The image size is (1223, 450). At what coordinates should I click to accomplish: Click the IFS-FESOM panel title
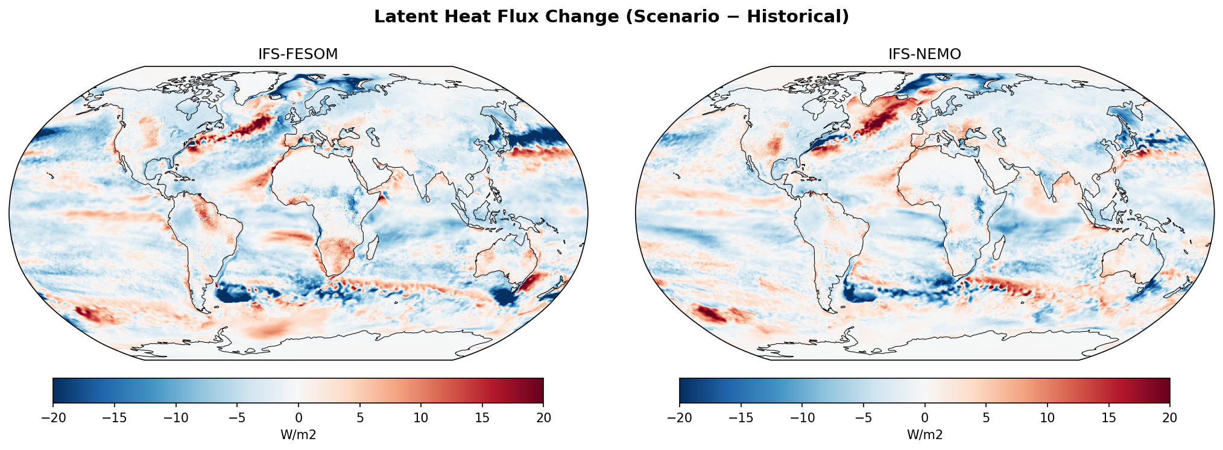pyautogui.click(x=298, y=54)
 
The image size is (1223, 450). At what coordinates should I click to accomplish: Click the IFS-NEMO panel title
pyautogui.click(x=924, y=54)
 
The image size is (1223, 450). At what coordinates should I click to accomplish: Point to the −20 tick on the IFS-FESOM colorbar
pyautogui.click(x=53, y=417)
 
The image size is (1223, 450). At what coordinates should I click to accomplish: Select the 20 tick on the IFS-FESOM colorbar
pyautogui.click(x=543, y=417)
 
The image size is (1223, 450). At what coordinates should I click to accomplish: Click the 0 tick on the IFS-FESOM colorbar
pyautogui.click(x=299, y=417)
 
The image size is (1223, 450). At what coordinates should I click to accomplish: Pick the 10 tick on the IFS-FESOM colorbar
pyautogui.click(x=421, y=417)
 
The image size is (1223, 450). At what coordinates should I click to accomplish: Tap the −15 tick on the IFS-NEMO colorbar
pyautogui.click(x=741, y=417)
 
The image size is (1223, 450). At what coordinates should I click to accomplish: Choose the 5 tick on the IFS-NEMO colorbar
pyautogui.click(x=986, y=417)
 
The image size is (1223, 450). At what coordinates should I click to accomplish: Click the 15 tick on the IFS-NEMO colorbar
pyautogui.click(x=1108, y=417)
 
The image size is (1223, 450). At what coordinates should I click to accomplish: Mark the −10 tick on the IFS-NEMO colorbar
pyautogui.click(x=802, y=417)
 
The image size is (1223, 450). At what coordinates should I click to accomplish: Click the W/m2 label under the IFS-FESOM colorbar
pyautogui.click(x=299, y=434)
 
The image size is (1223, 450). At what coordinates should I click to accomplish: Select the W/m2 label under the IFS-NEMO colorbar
pyautogui.click(x=924, y=434)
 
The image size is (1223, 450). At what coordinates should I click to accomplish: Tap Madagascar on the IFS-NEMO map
pyautogui.click(x=999, y=247)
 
